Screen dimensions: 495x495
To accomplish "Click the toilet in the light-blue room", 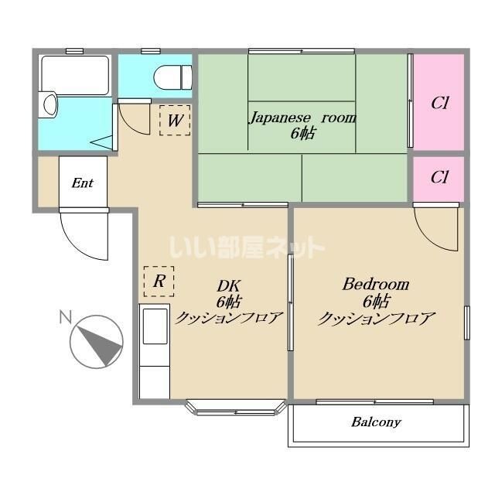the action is pyautogui.click(x=172, y=77).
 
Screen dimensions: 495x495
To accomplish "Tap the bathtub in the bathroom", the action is pyautogui.click(x=75, y=75).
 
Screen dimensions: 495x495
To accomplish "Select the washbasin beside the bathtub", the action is pyautogui.click(x=48, y=104).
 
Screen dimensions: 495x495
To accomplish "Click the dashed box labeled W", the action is pyautogui.click(x=175, y=121).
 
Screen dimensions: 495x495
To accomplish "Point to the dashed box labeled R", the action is pyautogui.click(x=159, y=282).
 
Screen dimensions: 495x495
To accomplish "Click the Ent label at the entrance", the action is pyautogui.click(x=83, y=183).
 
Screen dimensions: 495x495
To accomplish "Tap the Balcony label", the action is pyautogui.click(x=376, y=422).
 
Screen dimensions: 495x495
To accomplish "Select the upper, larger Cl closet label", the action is pyautogui.click(x=440, y=103).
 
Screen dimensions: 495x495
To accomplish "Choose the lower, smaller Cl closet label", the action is pyautogui.click(x=439, y=177).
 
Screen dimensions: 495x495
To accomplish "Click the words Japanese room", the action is pyautogui.click(x=303, y=118).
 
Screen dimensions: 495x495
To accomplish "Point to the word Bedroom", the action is pyautogui.click(x=376, y=284).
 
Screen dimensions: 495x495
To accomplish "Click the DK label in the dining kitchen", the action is pyautogui.click(x=229, y=286).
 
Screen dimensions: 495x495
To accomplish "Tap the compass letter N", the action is pyautogui.click(x=65, y=317).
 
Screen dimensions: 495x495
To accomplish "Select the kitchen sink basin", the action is pyautogui.click(x=155, y=326).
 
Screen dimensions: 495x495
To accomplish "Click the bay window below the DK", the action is pyautogui.click(x=236, y=408).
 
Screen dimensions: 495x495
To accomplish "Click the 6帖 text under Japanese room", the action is pyautogui.click(x=302, y=133).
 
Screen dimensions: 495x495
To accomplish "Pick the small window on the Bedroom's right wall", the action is pyautogui.click(x=467, y=323).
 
